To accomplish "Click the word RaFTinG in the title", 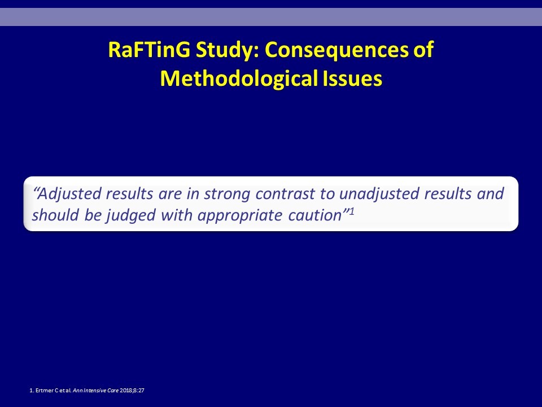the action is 149,50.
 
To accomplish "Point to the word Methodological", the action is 239,79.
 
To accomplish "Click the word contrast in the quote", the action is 286,194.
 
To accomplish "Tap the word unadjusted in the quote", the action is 379,194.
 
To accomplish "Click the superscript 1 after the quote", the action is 352,211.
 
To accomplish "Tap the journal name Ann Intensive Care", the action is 96,391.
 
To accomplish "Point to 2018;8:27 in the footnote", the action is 132,391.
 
